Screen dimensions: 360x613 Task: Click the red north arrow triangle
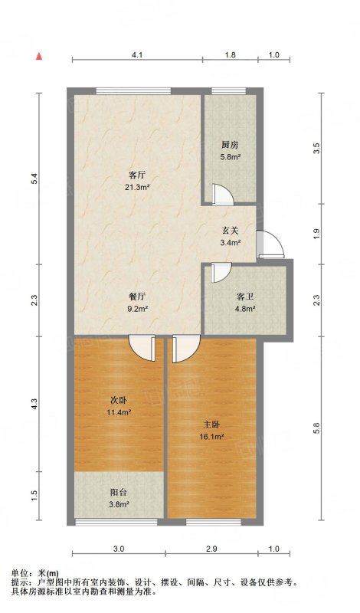(39, 56)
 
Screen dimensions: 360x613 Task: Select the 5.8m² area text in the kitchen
(230, 157)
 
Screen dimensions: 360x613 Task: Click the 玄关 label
(230, 231)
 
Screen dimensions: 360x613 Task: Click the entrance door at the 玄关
(270, 244)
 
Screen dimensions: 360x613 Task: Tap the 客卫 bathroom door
(221, 273)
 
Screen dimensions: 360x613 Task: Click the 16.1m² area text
(213, 437)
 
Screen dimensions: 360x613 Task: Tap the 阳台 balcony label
(119, 493)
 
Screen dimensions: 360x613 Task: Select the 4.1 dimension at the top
(137, 55)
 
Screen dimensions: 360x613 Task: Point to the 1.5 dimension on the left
(34, 496)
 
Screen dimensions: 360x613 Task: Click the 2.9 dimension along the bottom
(211, 549)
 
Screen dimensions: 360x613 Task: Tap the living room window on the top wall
(134, 91)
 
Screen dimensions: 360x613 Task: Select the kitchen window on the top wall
(229, 91)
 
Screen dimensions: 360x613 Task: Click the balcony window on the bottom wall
(116, 522)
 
